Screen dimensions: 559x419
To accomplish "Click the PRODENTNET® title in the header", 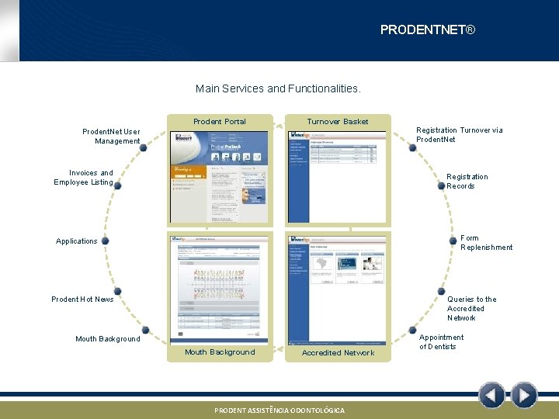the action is [427, 30].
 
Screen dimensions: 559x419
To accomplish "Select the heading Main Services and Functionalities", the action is [278, 88].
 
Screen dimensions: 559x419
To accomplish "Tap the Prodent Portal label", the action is [219, 122].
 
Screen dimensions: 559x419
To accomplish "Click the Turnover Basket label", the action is [337, 122].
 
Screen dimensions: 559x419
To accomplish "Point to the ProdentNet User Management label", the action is [111, 137].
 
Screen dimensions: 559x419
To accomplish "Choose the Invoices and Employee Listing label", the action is [84, 178].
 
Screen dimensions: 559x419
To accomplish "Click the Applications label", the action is [77, 241].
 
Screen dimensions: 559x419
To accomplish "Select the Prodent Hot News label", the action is [82, 300].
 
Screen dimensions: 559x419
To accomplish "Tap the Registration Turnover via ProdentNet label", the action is [459, 135].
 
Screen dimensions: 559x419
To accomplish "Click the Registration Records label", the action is [467, 181].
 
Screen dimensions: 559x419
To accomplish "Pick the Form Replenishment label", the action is [486, 243].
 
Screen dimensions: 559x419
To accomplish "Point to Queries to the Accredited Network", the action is [471, 308].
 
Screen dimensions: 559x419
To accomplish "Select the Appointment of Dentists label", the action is [441, 342].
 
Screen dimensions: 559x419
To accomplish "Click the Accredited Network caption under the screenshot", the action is [338, 353].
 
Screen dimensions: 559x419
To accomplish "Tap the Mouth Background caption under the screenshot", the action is [219, 352].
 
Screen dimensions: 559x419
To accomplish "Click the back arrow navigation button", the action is [491, 396].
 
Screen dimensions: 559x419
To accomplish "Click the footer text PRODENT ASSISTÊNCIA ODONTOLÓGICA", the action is [279, 410].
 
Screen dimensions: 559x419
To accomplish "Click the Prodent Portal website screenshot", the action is [219, 176].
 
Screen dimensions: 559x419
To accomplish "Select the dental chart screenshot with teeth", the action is [219, 287].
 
